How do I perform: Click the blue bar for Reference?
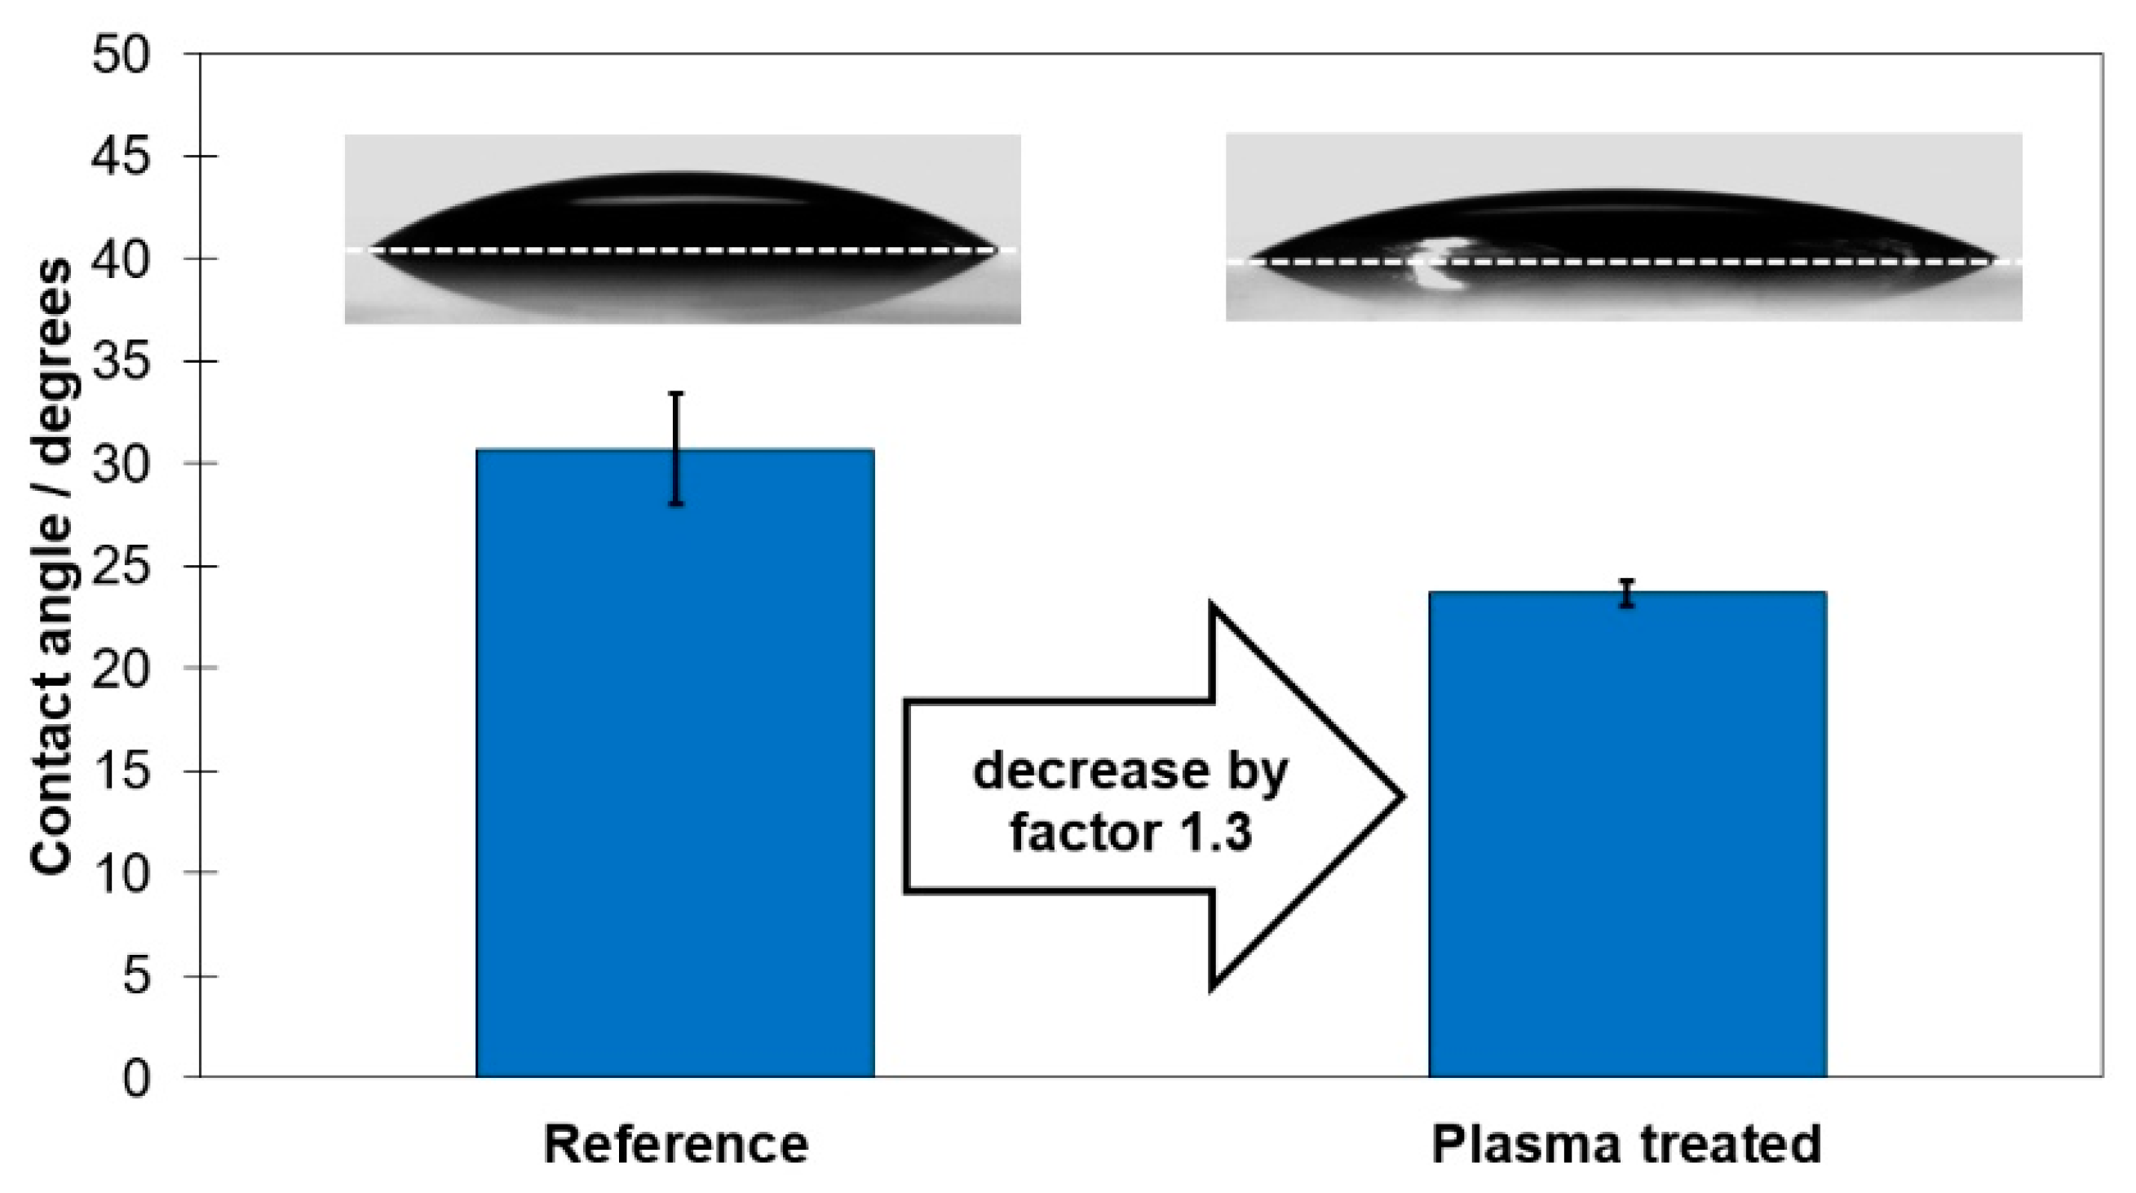[675, 762]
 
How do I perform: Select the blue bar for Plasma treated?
[1627, 833]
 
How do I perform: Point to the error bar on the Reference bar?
[677, 448]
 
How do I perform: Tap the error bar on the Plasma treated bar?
[1628, 593]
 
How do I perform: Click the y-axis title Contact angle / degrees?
[51, 563]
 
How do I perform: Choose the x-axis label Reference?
[676, 1145]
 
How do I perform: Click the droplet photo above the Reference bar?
[682, 228]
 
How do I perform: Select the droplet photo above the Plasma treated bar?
[1624, 227]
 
